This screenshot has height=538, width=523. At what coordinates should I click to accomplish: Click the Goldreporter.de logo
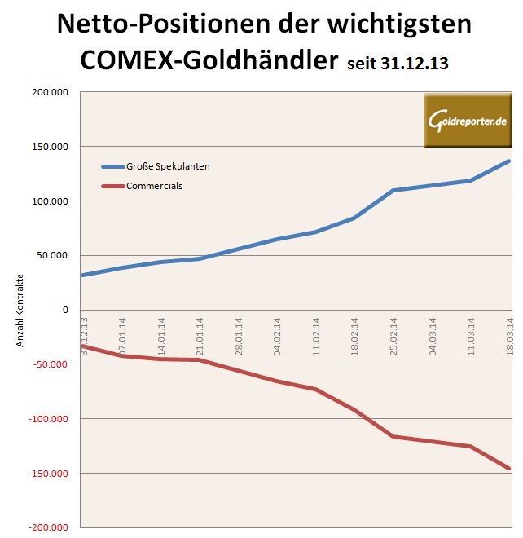[467, 121]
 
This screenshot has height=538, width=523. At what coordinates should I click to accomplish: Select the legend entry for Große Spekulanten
[168, 166]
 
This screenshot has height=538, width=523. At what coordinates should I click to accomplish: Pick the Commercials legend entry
[154, 186]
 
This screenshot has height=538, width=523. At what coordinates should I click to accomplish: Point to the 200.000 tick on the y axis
[51, 92]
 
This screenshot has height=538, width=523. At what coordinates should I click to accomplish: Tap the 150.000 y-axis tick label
[51, 147]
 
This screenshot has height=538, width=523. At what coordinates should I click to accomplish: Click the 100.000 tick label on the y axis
[51, 201]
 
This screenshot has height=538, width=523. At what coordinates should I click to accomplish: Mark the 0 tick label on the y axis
[64, 310]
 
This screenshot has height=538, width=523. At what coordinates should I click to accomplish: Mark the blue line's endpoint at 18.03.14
[509, 161]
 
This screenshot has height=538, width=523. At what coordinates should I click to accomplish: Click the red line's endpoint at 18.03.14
[509, 469]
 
